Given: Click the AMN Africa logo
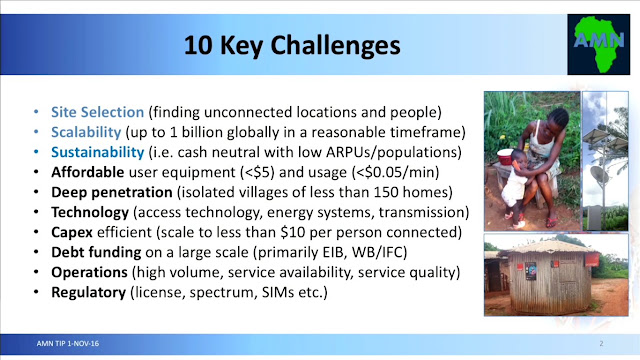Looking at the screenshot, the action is click(x=598, y=44).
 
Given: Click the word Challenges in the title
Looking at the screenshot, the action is click(x=335, y=45).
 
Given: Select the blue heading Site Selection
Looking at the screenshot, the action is click(x=97, y=112).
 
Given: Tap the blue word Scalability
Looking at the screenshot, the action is click(x=86, y=132).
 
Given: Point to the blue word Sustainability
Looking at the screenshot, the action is click(x=98, y=152).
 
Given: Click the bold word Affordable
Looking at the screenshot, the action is click(x=87, y=172).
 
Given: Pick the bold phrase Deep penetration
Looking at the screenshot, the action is click(x=111, y=192).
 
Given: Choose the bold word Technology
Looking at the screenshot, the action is click(x=90, y=212).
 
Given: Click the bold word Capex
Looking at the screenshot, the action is click(x=72, y=232).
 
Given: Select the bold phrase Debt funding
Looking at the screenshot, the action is click(x=96, y=252).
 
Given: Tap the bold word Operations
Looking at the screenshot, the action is click(x=89, y=272).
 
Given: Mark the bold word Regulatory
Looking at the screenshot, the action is click(x=88, y=292).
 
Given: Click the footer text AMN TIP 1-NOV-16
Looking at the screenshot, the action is click(x=68, y=344).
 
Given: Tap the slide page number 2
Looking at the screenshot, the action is click(x=601, y=344).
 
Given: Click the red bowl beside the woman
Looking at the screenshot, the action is click(x=505, y=157).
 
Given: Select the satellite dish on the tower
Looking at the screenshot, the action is click(x=599, y=174).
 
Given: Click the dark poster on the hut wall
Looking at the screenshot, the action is click(x=531, y=271).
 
